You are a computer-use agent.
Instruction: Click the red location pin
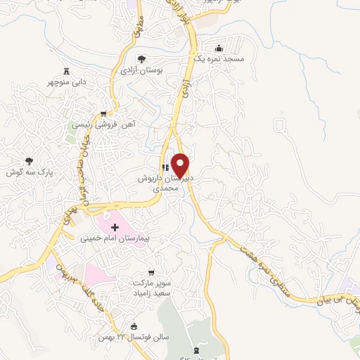(181, 165)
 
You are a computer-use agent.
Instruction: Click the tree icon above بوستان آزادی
(141, 59)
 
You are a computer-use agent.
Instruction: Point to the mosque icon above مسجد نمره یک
(219, 49)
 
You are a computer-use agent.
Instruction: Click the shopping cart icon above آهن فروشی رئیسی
(104, 113)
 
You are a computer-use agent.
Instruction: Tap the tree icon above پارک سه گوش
(29, 160)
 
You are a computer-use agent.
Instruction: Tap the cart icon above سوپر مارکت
(150, 271)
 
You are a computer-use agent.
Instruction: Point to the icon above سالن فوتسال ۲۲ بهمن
(135, 326)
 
